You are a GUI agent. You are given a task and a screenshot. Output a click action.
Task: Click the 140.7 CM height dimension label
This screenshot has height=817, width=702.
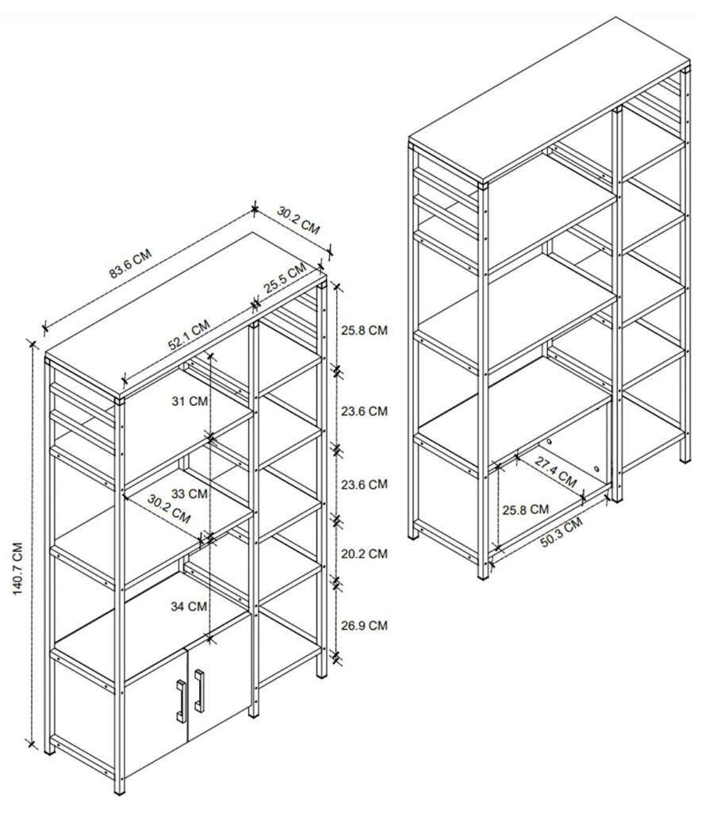pyautogui.click(x=18, y=569)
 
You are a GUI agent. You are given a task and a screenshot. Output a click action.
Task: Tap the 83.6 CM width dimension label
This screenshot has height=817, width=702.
pyautogui.click(x=130, y=263)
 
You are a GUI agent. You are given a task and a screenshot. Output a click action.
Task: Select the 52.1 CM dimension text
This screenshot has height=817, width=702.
pyautogui.click(x=189, y=335)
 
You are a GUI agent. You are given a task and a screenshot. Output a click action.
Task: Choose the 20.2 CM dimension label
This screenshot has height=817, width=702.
pyautogui.click(x=364, y=554)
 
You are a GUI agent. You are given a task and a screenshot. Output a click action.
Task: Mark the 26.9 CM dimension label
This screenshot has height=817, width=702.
pyautogui.click(x=364, y=625)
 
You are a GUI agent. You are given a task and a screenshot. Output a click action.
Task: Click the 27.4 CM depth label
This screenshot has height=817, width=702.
pyautogui.click(x=556, y=473)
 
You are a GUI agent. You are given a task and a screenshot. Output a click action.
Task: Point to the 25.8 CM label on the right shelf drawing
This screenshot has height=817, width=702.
pyautogui.click(x=525, y=509)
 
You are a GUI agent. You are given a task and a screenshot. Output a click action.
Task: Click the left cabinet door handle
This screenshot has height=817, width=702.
pyautogui.click(x=181, y=701)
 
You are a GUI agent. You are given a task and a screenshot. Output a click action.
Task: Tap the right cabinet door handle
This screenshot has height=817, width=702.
pyautogui.click(x=199, y=691)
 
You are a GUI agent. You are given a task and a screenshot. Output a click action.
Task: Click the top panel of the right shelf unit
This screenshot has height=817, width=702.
pyautogui.click(x=549, y=100)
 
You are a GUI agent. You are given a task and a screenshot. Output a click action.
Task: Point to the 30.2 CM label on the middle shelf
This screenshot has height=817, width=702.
pyautogui.click(x=169, y=508)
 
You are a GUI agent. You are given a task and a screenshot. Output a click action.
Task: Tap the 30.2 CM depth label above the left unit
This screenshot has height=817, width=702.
pyautogui.click(x=298, y=221)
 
